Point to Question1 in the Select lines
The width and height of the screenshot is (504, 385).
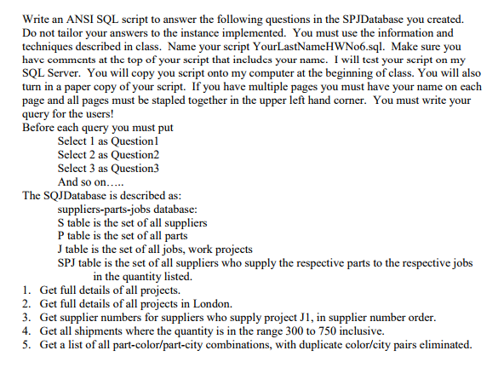coord(131,141)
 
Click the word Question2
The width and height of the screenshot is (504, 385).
coord(131,155)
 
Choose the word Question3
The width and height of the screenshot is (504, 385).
coord(131,169)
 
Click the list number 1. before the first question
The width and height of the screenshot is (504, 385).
coord(27,290)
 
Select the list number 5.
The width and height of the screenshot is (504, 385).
coord(27,345)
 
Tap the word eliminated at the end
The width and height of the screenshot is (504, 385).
coord(443,345)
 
